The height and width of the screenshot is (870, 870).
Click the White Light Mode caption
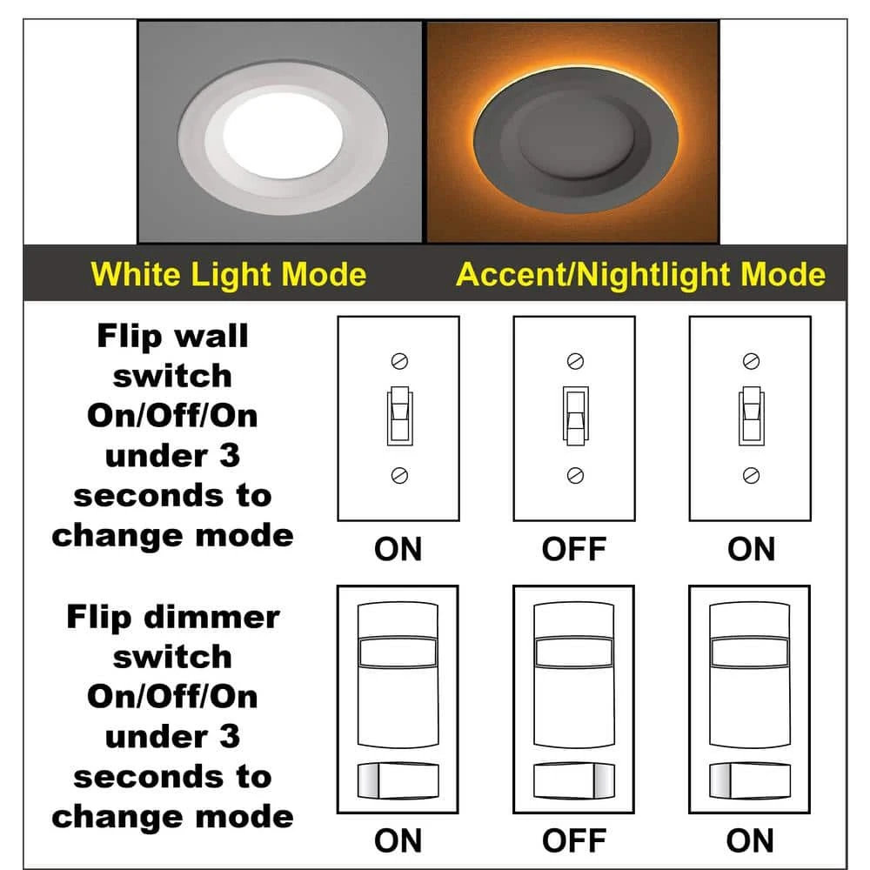tap(229, 275)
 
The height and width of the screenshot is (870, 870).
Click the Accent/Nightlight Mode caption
tap(640, 275)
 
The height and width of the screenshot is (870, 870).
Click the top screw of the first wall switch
tap(399, 360)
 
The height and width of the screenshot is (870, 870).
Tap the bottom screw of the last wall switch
tap(751, 474)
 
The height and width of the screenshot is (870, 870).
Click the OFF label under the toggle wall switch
tap(574, 550)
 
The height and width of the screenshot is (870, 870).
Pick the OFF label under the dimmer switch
tap(574, 840)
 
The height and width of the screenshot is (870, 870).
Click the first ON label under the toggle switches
tap(398, 550)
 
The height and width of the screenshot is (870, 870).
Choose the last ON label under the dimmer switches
tap(750, 840)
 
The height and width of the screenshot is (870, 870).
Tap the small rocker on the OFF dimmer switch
tap(574, 778)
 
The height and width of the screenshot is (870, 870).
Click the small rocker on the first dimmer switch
tap(398, 778)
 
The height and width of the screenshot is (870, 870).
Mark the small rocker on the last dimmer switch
tap(750, 778)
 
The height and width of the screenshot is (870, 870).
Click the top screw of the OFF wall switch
tap(574, 360)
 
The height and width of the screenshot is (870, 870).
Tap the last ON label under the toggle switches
tap(751, 550)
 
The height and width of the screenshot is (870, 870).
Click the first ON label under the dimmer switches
tap(398, 840)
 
